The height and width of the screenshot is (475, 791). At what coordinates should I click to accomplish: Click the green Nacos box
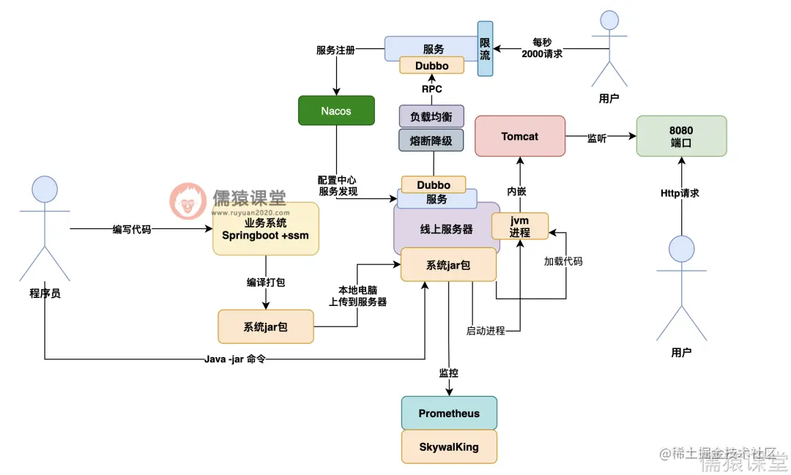336,111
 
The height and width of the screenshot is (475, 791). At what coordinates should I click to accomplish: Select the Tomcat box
520,136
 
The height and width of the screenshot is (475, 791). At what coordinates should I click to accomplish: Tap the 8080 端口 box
681,136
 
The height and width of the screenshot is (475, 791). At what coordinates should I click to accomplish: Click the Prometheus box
449,414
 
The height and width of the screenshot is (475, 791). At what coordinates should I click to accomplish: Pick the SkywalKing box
449,446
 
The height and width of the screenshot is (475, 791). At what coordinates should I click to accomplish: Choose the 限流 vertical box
485,48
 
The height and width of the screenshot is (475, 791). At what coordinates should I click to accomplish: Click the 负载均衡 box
431,116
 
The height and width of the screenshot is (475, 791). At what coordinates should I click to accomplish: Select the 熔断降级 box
431,141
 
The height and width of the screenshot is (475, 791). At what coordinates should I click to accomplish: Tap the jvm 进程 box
519,226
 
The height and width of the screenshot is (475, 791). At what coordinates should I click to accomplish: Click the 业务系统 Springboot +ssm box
266,229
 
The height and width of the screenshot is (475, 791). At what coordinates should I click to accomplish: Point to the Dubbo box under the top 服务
431,66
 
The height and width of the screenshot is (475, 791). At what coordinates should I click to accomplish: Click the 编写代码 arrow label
132,229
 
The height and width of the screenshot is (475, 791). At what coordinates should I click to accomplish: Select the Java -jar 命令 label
236,359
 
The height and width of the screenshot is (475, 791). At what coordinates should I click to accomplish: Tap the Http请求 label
680,193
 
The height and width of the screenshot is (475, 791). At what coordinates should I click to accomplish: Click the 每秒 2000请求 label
542,48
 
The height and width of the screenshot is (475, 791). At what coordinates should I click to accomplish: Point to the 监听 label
597,137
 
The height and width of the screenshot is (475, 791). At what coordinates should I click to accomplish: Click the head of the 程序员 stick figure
45,189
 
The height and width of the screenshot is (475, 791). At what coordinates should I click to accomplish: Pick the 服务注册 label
335,50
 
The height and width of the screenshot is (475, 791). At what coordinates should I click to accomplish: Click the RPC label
431,89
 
